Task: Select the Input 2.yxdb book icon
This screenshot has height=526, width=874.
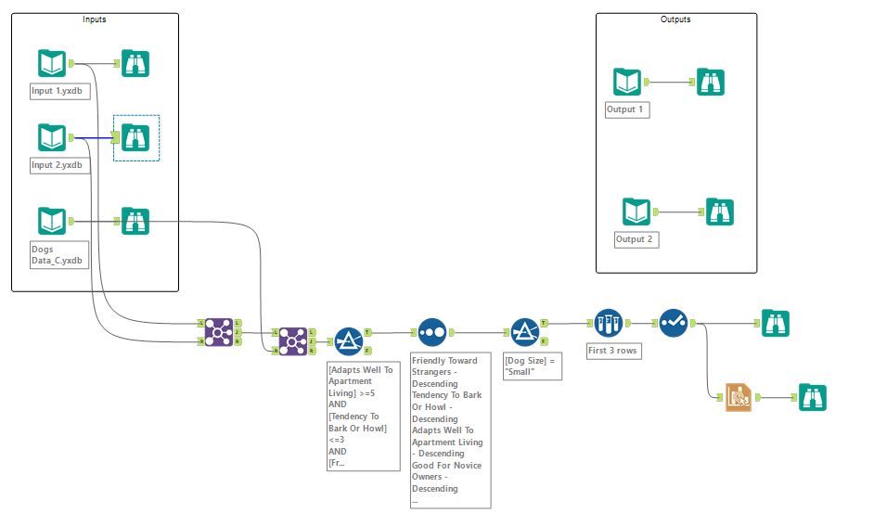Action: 52,137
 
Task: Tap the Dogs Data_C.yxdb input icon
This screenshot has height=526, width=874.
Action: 52,221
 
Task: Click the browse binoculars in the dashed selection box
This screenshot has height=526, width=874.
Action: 135,137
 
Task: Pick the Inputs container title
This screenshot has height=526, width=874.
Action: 94,19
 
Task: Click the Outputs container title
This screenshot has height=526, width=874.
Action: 675,19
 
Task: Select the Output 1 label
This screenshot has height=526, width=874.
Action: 626,109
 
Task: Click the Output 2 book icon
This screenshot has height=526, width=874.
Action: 636,212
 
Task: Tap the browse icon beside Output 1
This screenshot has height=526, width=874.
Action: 711,82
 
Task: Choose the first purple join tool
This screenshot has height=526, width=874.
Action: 219,331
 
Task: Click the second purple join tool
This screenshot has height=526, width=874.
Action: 293,340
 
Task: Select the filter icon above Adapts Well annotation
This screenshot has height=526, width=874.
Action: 349,340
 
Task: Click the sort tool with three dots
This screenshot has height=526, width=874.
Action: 432,331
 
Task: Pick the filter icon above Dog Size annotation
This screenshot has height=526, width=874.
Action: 525,331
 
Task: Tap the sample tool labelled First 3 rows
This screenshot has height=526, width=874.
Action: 608,323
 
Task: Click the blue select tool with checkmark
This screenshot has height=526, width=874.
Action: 674,323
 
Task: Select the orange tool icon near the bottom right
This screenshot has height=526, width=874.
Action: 739,397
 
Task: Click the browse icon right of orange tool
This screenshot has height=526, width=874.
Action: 813,397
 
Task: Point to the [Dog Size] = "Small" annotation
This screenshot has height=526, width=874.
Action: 532,365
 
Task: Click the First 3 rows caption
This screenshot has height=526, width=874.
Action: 613,352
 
